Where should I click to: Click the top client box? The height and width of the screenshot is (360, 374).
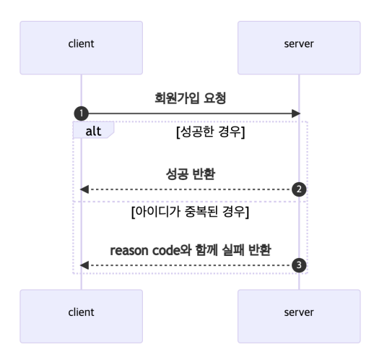tap(81, 43)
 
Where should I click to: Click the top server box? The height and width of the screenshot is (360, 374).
tap(299, 43)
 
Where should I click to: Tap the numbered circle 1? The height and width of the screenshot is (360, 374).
tap(81, 113)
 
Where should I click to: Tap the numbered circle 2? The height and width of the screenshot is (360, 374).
tap(299, 189)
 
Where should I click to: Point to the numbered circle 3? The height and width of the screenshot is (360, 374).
tap(299, 265)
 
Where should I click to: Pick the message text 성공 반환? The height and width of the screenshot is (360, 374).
tap(190, 175)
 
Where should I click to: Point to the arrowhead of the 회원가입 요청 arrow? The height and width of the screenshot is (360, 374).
tap(296, 113)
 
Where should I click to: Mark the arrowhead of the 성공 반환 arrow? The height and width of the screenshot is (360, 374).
tap(84, 189)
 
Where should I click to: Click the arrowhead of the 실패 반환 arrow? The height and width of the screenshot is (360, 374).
tap(84, 265)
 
